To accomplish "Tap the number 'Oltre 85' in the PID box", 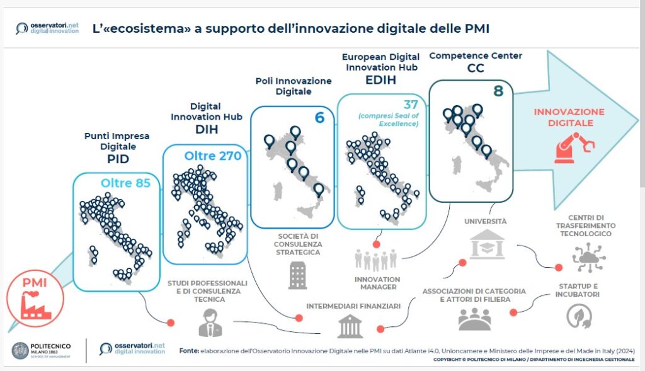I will pyautogui.click(x=125, y=183).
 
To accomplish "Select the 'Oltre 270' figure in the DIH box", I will pyautogui.click(x=212, y=156).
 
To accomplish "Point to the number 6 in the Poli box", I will pyautogui.click(x=319, y=117).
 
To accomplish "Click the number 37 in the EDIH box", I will pyautogui.click(x=409, y=104).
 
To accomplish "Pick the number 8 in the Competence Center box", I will pyautogui.click(x=498, y=91).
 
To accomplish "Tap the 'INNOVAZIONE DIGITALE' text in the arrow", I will pyautogui.click(x=569, y=117).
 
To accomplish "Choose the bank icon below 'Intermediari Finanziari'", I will pyautogui.click(x=350, y=326).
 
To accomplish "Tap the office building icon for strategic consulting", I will pyautogui.click(x=297, y=275).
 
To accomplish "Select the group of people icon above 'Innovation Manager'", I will pyautogui.click(x=377, y=260).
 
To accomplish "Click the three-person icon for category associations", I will pyautogui.click(x=474, y=319).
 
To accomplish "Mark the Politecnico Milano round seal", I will pyautogui.click(x=20, y=351).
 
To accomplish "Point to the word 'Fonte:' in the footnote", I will pyautogui.click(x=190, y=350).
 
